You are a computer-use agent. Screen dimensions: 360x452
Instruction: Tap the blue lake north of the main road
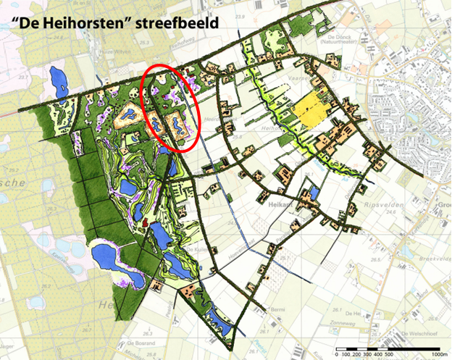click(56, 76)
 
